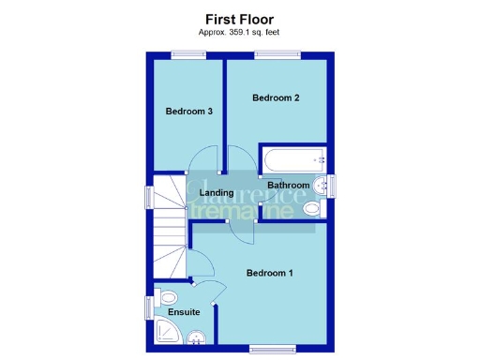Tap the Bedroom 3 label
188,112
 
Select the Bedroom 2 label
276,97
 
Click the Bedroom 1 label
270,273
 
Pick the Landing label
217,193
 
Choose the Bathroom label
289,186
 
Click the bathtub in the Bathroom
292,158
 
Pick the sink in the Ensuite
196,339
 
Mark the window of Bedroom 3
184,53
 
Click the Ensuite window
147,307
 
